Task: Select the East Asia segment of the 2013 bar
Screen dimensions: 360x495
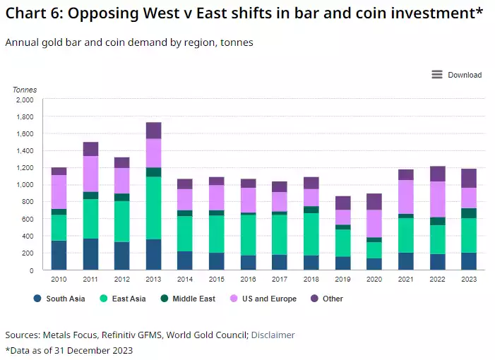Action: tap(154, 208)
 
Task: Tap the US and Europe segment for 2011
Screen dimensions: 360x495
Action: tap(90, 174)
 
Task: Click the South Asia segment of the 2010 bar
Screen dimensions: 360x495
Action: tap(59, 255)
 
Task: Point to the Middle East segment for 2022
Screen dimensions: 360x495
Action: tap(436, 221)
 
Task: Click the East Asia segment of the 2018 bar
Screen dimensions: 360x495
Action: tap(311, 234)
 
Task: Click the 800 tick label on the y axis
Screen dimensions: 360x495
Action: tap(27, 202)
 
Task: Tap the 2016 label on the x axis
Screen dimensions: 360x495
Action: tap(248, 280)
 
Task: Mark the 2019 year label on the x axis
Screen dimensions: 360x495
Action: tap(342, 280)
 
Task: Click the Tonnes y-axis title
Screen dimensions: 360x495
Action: tap(24, 90)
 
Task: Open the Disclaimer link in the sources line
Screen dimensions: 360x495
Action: tap(273, 335)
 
